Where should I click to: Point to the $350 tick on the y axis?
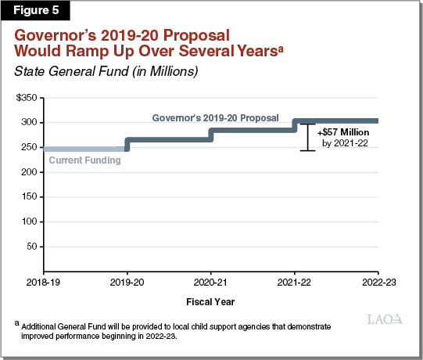point(26,98)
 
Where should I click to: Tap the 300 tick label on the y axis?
point(28,123)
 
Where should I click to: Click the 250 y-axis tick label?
point(28,148)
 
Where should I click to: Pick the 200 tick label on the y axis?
point(28,172)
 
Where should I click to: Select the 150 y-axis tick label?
point(28,197)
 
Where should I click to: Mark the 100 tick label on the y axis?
point(28,221)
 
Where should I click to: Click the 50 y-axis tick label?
point(30,247)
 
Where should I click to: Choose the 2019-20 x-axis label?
point(128,281)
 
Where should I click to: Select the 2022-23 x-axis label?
point(378,281)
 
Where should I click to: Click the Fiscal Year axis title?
point(211,301)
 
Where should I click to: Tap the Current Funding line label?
point(84,160)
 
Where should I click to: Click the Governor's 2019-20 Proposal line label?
point(215,117)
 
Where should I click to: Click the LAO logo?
point(385,320)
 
